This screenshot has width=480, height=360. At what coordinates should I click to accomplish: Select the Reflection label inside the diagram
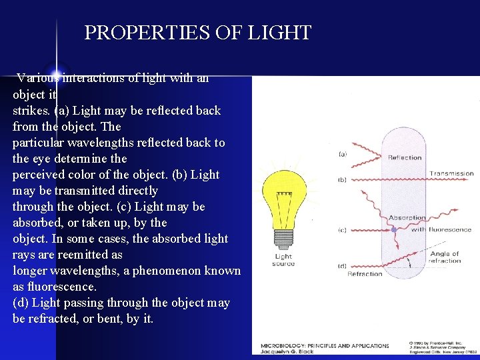[x=405, y=158]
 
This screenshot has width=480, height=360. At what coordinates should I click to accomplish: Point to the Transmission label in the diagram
[x=451, y=174]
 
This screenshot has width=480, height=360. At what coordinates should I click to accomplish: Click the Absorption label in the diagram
[x=407, y=217]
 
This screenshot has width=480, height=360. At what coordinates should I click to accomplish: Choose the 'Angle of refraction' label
[x=445, y=257]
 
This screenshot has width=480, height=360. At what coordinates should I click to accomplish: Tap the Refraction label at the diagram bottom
[x=365, y=273]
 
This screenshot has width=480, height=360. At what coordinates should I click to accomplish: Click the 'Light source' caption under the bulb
[x=283, y=260]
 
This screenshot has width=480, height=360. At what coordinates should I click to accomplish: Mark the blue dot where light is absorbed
[x=394, y=229]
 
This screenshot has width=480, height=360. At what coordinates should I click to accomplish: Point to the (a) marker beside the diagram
[x=342, y=154]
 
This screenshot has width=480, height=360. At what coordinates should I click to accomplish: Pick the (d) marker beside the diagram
[x=342, y=267]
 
